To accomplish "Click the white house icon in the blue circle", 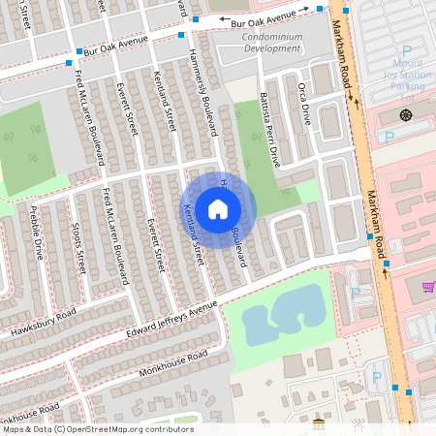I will click(218, 208).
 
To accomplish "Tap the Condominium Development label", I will click(271, 42).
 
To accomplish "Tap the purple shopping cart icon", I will click(428, 286).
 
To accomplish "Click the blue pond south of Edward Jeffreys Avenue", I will click(281, 315).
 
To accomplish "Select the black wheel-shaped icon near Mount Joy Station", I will click(404, 115).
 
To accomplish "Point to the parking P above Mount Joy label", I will click(406, 50).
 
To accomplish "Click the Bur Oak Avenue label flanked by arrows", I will click(257, 16).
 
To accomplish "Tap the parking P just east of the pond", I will click(355, 293).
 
